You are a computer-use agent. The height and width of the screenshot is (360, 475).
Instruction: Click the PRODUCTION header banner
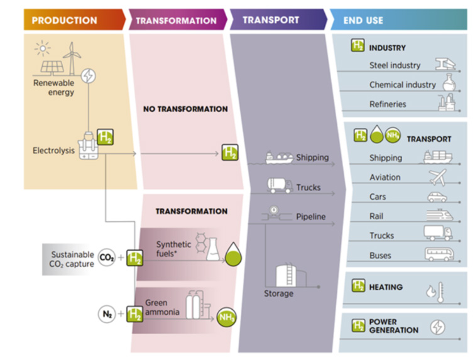click(74, 19)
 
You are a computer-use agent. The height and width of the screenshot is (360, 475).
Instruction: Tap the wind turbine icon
click(72, 58)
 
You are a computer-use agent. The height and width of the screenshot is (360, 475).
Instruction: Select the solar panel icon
click(52, 67)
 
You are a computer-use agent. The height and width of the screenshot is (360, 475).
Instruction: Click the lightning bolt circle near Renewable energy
click(89, 76)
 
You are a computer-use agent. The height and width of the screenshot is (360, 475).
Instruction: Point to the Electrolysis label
click(53, 151)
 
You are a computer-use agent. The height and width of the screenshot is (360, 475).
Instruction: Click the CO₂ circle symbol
click(107, 258)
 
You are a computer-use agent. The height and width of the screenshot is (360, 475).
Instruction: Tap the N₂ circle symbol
click(107, 314)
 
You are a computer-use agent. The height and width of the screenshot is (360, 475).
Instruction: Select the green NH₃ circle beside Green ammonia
click(226, 317)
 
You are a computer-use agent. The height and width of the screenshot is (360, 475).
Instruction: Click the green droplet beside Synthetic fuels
click(233, 254)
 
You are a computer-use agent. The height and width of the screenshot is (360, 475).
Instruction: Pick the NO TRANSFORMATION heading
click(185, 109)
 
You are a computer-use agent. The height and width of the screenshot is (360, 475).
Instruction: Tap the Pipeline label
click(311, 217)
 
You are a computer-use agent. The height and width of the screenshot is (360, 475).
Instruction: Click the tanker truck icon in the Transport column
click(280, 185)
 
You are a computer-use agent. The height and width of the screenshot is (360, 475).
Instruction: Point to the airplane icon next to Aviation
click(438, 177)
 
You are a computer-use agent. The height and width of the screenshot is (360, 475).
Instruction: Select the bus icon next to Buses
click(439, 254)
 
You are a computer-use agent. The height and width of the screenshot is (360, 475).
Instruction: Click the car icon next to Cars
click(437, 197)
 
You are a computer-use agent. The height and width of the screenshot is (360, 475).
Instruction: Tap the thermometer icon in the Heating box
click(440, 292)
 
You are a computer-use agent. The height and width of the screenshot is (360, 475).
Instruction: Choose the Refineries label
click(388, 104)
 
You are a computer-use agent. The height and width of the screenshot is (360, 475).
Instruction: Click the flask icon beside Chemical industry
click(449, 82)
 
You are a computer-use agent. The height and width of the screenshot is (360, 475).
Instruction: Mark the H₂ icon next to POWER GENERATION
click(358, 325)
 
